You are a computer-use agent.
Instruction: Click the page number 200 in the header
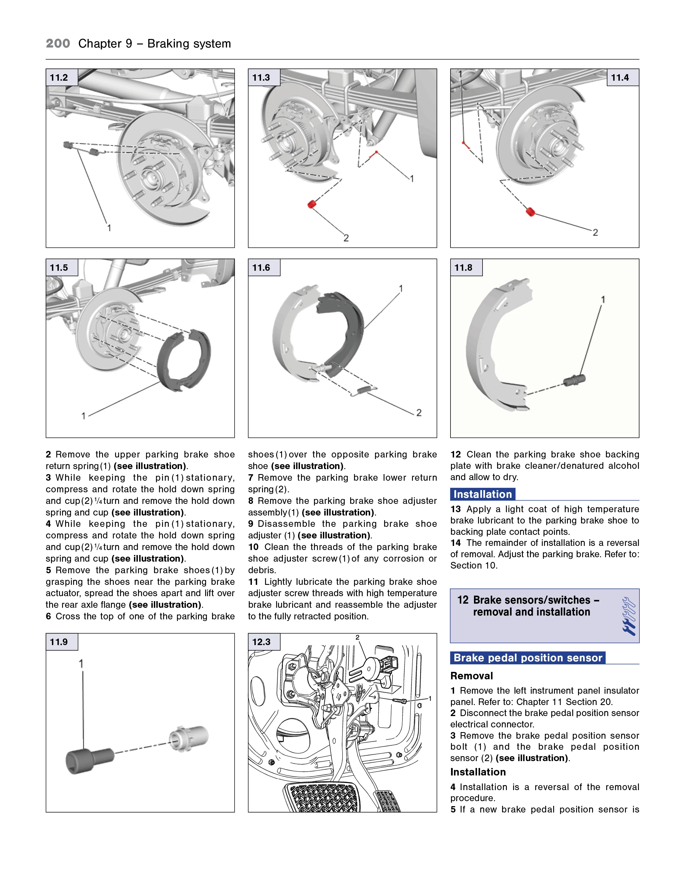58,44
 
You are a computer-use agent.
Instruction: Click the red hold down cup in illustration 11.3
311,204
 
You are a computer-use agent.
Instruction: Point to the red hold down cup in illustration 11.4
531,212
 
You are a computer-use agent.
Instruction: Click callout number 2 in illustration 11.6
419,413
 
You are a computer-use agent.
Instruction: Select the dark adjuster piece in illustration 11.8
575,380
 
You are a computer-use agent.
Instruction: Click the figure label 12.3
261,642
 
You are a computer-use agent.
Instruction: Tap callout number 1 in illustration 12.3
430,699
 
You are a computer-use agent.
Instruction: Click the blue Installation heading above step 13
483,494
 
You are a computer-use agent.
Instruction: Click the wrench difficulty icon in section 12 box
629,616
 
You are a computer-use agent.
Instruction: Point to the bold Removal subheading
471,676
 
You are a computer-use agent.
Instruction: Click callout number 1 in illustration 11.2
109,228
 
